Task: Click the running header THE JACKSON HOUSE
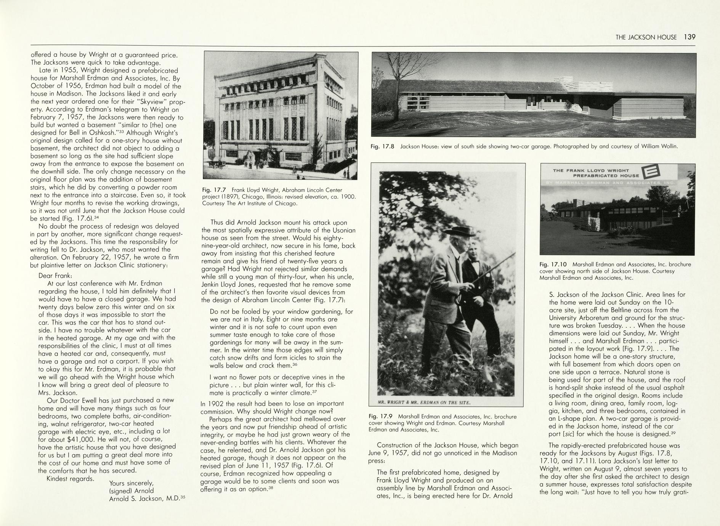646,37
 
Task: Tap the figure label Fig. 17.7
214,190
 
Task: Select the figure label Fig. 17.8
382,146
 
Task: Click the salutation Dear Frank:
55,276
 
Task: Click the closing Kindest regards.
70,478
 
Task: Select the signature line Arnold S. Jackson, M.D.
144,499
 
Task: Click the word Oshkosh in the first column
102,133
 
